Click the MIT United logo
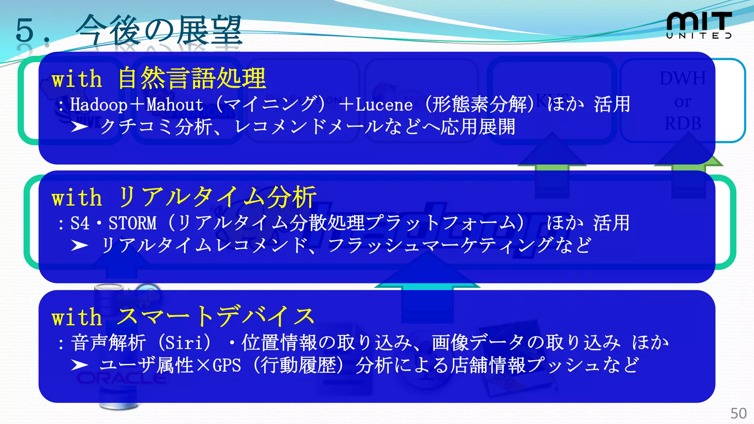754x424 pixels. tap(698, 25)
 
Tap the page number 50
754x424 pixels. tap(738, 413)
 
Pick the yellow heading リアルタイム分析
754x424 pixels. tap(217, 198)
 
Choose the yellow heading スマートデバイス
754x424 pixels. tap(216, 317)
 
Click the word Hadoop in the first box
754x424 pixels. tap(99, 105)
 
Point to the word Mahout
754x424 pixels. tap(175, 105)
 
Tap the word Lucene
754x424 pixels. tap(384, 105)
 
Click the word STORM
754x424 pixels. tap(133, 223)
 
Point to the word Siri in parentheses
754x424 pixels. tap(183, 343)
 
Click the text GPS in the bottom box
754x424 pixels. tap(227, 366)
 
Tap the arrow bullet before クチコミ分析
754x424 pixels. tap(80, 127)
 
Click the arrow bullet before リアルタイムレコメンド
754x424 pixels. tap(80, 245)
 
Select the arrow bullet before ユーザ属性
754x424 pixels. tap(80, 365)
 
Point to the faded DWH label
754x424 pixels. tap(683, 78)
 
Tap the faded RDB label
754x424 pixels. tap(683, 124)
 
